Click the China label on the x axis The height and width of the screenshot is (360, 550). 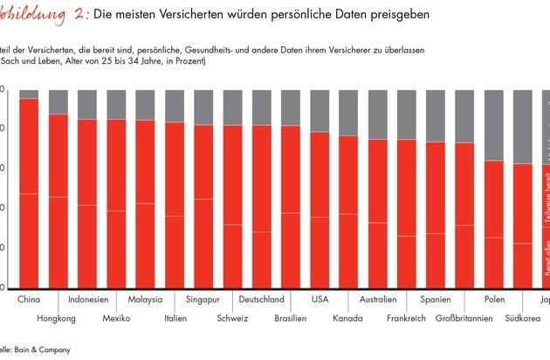click(x=29, y=300)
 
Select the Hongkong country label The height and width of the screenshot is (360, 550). click(x=57, y=319)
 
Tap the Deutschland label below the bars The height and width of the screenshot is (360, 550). click(x=261, y=300)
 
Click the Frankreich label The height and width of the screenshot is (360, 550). click(x=406, y=319)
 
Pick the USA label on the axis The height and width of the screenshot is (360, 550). click(x=320, y=300)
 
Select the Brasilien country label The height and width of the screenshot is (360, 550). click(x=290, y=319)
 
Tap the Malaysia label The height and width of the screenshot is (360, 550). click(x=145, y=300)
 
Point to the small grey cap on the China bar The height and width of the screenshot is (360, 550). click(x=29, y=93)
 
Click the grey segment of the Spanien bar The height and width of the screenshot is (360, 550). click(x=436, y=115)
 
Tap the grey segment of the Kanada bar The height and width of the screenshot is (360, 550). click(x=348, y=113)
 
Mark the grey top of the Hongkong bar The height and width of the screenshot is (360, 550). click(x=58, y=101)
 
